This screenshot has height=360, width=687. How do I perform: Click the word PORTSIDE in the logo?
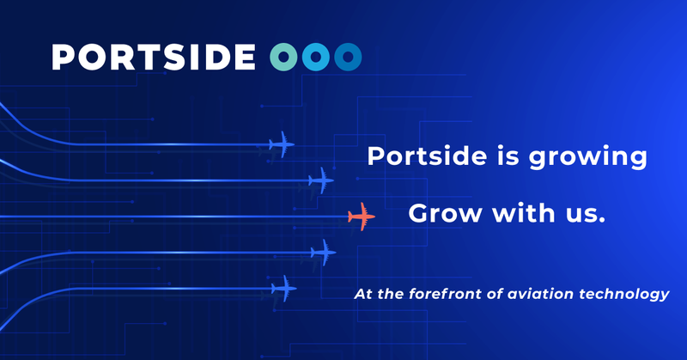(x=154, y=57)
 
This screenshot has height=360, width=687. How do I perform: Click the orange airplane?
(x=362, y=217)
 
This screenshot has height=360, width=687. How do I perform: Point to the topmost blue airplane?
(x=282, y=144)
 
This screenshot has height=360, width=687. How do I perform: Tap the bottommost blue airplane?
(x=284, y=289)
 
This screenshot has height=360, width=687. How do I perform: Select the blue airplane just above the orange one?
(x=321, y=180)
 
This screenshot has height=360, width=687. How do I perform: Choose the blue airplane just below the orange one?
(x=324, y=253)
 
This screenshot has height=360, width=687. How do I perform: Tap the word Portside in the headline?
(x=427, y=156)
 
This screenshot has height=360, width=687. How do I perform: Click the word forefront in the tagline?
(x=446, y=294)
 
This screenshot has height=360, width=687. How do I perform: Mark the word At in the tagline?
(x=363, y=294)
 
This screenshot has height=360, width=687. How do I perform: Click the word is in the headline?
(x=508, y=156)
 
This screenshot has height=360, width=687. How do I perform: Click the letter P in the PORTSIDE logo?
(x=63, y=57)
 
